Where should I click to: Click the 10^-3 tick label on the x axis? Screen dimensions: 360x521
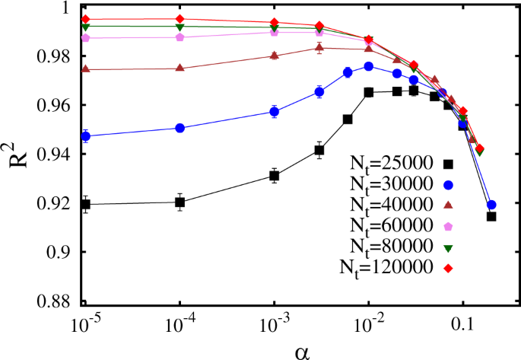pyautogui.click(x=274, y=323)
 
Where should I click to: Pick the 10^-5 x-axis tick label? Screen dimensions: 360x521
pyautogui.click(x=85, y=323)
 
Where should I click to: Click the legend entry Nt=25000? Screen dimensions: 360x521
pyautogui.click(x=392, y=163)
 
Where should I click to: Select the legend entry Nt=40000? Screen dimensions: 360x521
pyautogui.click(x=392, y=205)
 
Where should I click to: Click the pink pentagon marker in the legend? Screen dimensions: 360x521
pyautogui.click(x=448, y=226)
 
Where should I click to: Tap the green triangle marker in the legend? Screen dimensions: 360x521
pyautogui.click(x=448, y=247)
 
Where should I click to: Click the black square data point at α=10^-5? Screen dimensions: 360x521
pyautogui.click(x=86, y=204)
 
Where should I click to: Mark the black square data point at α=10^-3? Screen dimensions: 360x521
pyautogui.click(x=275, y=176)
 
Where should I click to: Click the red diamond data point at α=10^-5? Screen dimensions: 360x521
pyautogui.click(x=86, y=19)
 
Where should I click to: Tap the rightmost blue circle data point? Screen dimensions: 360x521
pyautogui.click(x=491, y=205)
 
